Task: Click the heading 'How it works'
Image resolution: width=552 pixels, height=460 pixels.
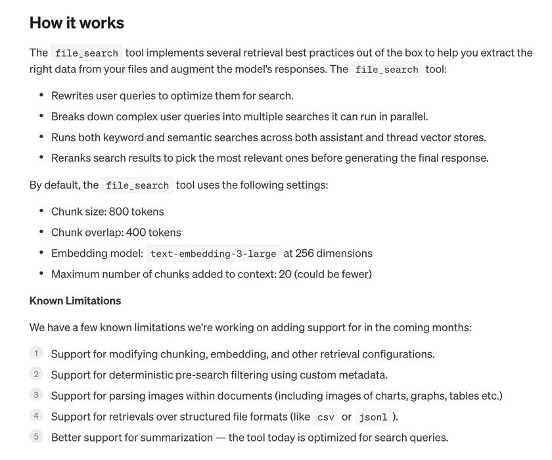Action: pyautogui.click(x=77, y=23)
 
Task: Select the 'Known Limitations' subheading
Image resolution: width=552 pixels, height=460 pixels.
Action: pyautogui.click(x=75, y=301)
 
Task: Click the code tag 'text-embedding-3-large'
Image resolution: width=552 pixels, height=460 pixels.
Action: pyautogui.click(x=214, y=254)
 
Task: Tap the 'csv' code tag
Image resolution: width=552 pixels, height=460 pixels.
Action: pyautogui.click(x=325, y=417)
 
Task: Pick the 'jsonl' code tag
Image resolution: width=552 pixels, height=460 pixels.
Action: pyautogui.click(x=373, y=417)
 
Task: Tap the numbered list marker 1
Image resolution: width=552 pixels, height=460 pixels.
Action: pyautogui.click(x=36, y=354)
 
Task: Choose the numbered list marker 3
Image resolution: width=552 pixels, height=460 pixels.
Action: pyautogui.click(x=36, y=396)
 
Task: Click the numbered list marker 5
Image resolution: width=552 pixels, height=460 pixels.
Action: pyautogui.click(x=36, y=437)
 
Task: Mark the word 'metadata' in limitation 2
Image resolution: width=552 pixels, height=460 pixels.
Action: pyautogui.click(x=365, y=375)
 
